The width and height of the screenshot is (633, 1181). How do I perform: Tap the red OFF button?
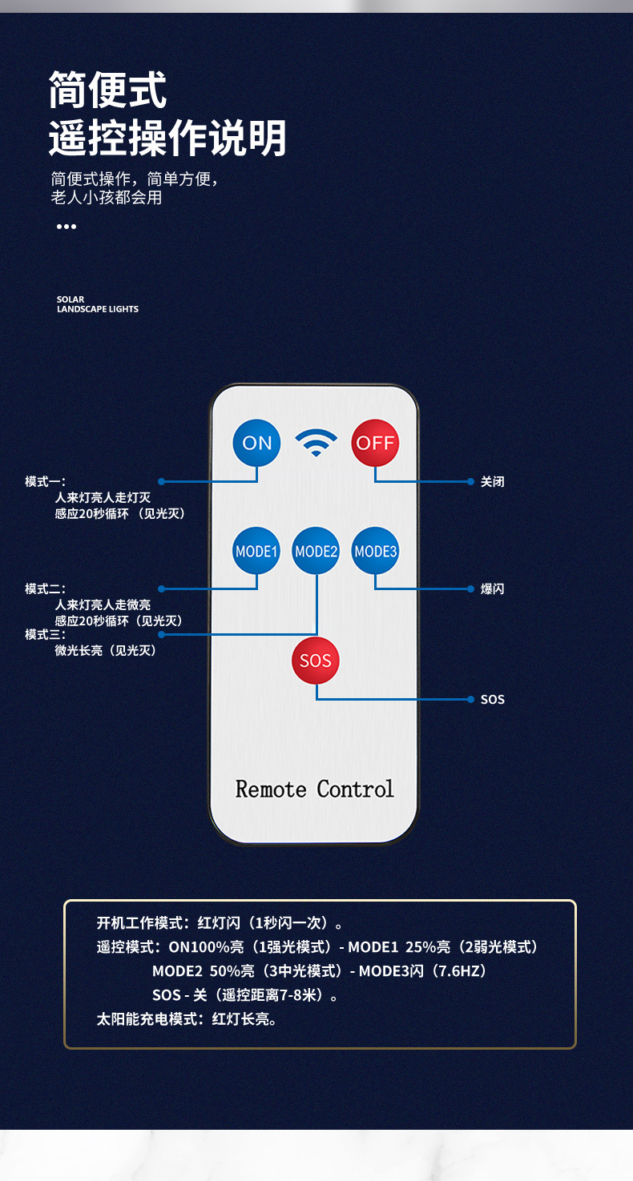pyautogui.click(x=375, y=443)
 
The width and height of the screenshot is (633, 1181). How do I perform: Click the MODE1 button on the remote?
pyautogui.click(x=256, y=551)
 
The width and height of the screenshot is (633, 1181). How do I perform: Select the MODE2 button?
pyautogui.click(x=316, y=551)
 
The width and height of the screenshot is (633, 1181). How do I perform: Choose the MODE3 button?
pyautogui.click(x=375, y=551)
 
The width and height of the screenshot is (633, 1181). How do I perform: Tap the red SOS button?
pyautogui.click(x=316, y=661)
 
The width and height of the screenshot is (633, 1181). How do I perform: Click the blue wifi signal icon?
pyautogui.click(x=316, y=442)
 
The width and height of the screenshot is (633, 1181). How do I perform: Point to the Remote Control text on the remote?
pyautogui.click(x=315, y=789)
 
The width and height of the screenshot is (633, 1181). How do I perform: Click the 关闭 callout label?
pyautogui.click(x=493, y=482)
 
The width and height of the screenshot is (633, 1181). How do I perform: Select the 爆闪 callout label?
pyautogui.click(x=493, y=589)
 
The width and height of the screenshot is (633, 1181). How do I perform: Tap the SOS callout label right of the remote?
pyautogui.click(x=493, y=700)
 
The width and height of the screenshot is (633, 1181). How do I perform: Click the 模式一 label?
pyautogui.click(x=45, y=482)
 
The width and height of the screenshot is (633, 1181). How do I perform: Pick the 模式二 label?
pyautogui.click(x=45, y=589)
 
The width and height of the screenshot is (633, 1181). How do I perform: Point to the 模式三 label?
pyautogui.click(x=45, y=635)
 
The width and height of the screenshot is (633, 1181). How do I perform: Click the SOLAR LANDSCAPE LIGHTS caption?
pyautogui.click(x=98, y=304)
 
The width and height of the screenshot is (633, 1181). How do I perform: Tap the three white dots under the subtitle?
pyautogui.click(x=67, y=227)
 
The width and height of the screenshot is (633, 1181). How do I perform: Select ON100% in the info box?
pyautogui.click(x=199, y=947)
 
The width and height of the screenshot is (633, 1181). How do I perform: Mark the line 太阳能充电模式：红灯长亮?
pyautogui.click(x=187, y=1019)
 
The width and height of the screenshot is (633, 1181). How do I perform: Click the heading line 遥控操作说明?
pyautogui.click(x=167, y=138)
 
